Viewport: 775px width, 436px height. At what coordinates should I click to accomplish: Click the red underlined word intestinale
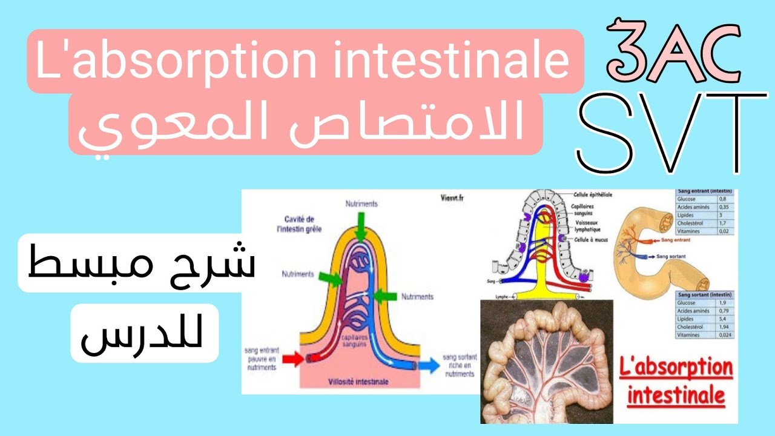point(676,396)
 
